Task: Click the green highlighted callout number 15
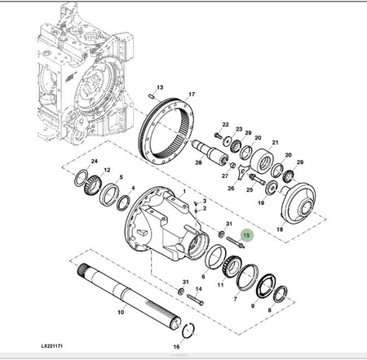tap(246, 235)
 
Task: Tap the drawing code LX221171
tap(52, 346)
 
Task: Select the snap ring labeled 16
tap(188, 331)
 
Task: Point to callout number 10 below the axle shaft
tap(121, 312)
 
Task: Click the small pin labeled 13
tap(152, 96)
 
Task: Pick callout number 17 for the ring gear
tap(192, 94)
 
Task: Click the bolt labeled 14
tap(195, 300)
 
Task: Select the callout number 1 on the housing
tap(184, 191)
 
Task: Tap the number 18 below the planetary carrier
tap(280, 229)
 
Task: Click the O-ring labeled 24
tap(82, 178)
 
